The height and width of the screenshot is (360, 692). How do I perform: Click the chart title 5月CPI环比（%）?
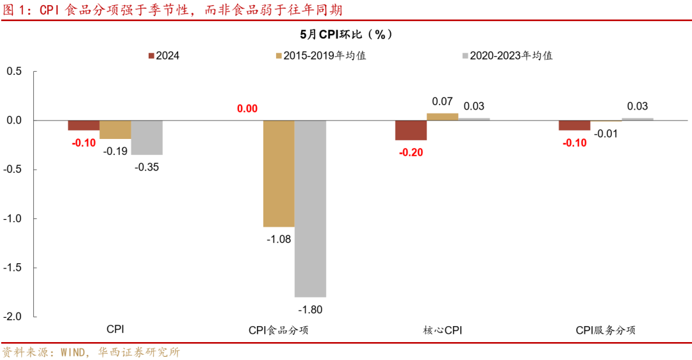point(347,34)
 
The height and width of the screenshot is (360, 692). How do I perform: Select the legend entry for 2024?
point(163,56)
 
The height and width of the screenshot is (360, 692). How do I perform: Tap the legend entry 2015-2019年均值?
point(320,56)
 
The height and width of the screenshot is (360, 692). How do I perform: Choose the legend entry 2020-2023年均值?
point(506,56)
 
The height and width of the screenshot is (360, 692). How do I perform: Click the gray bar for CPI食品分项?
point(310,208)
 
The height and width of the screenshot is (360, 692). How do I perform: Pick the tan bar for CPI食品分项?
point(279,174)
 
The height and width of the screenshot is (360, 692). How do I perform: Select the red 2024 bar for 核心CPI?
point(411,130)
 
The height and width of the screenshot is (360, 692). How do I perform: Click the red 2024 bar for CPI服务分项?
point(574,126)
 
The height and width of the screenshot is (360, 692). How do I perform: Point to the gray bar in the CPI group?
point(147,138)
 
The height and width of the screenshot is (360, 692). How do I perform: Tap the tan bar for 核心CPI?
point(442,117)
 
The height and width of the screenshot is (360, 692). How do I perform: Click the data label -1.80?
point(310,310)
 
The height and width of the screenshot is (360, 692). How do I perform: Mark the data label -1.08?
point(279,240)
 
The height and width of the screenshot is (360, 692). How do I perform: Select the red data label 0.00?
point(247,109)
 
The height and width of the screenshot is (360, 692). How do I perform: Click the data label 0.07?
point(442,101)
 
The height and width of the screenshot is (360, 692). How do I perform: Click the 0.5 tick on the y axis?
point(14,71)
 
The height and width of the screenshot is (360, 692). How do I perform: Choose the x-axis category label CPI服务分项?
point(605,331)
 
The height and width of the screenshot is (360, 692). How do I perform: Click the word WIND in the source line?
point(76,352)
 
